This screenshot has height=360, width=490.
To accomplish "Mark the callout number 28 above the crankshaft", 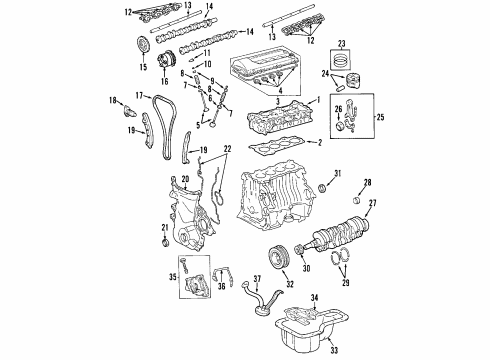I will coord(367,182).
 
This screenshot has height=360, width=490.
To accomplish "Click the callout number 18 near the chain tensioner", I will coord(113,99).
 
